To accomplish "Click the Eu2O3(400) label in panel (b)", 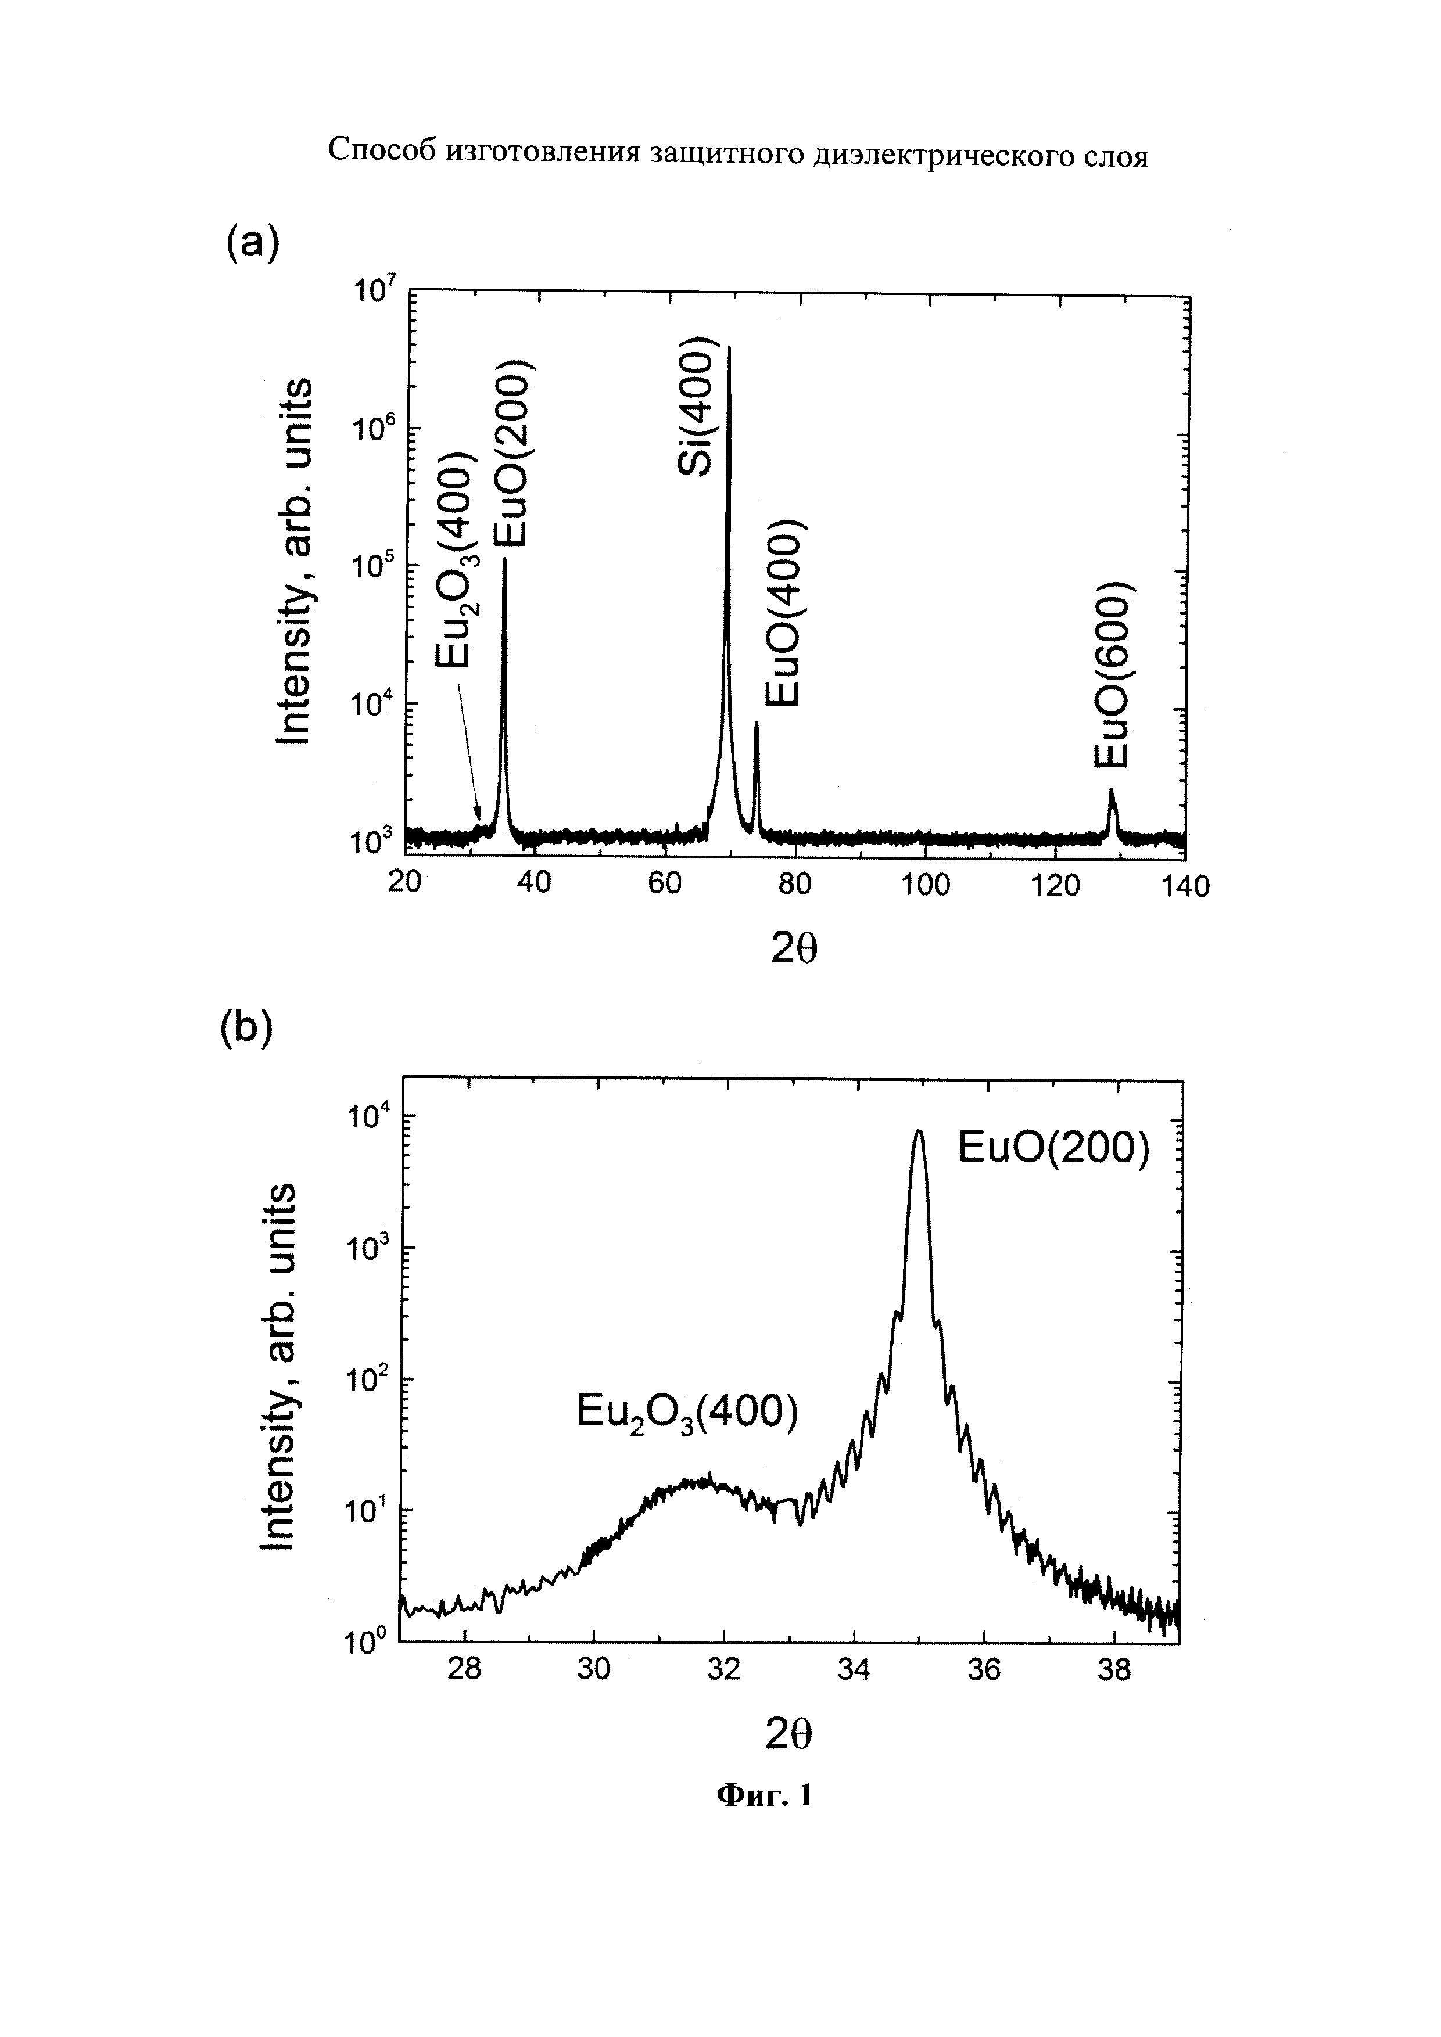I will (687, 1411).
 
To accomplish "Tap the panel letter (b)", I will (247, 1028).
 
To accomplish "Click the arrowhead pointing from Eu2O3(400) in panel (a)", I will (479, 818).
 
